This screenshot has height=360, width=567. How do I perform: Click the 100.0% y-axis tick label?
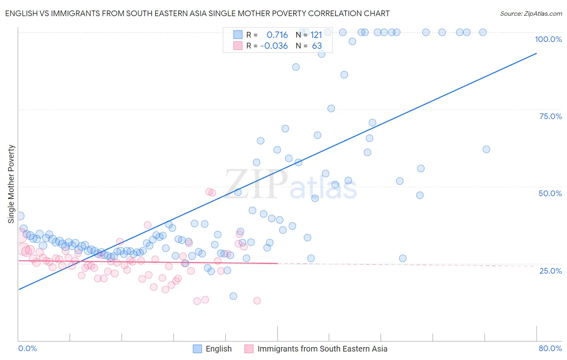[x=548, y=39]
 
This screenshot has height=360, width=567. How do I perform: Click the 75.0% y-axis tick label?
[x=550, y=116]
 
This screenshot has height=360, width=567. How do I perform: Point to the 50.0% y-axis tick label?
[x=550, y=193]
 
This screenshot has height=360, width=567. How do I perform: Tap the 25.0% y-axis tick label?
[x=550, y=271]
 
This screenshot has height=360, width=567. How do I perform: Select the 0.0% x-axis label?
[x=27, y=348]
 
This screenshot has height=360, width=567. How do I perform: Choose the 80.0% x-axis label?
[x=550, y=348]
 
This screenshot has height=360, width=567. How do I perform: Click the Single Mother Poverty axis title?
[x=11, y=184]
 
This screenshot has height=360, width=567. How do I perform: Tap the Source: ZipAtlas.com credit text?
[x=531, y=13]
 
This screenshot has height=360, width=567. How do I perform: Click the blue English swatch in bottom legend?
[x=197, y=349]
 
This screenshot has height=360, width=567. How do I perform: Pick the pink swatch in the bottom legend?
[x=249, y=349]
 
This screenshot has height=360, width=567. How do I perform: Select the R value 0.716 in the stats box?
[x=277, y=35]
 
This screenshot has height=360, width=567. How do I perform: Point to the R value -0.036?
[x=274, y=46]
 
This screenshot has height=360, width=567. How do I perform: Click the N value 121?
[x=316, y=35]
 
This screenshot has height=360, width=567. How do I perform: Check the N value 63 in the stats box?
[x=317, y=46]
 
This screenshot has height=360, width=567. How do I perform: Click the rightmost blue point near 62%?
[x=486, y=149]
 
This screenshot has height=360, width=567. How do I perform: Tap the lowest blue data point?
[x=233, y=296]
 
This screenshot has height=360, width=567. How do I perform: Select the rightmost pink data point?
[x=257, y=301]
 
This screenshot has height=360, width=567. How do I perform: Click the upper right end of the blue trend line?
[x=536, y=53]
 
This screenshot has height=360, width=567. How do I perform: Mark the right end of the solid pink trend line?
[x=277, y=264]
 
